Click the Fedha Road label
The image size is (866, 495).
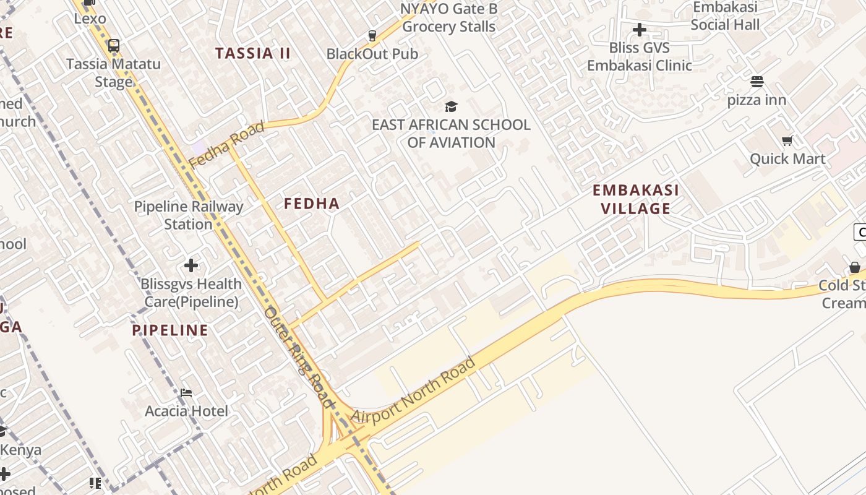click(226, 145)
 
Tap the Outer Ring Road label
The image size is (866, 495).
click(299, 357)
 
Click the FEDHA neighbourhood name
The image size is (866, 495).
click(312, 204)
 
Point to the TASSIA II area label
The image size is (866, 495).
click(253, 53)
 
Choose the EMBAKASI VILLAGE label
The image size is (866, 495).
click(636, 199)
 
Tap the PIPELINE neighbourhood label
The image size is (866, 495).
click(170, 330)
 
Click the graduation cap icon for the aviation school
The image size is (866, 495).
click(451, 107)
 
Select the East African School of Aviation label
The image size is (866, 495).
click(451, 134)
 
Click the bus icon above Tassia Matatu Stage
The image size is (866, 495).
click(113, 45)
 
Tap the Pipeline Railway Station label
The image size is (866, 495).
click(189, 215)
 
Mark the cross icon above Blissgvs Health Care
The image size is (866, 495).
click(191, 265)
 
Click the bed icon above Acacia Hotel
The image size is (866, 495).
click(186, 393)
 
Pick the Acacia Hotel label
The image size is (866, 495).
click(186, 411)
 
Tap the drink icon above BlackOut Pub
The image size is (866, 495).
click(372, 36)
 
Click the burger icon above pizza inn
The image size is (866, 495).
click(757, 82)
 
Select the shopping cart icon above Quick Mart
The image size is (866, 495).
click(787, 140)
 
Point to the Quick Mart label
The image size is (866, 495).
click(787, 159)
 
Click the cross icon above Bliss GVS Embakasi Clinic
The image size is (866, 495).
click(640, 29)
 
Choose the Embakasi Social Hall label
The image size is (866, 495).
click(725, 16)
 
